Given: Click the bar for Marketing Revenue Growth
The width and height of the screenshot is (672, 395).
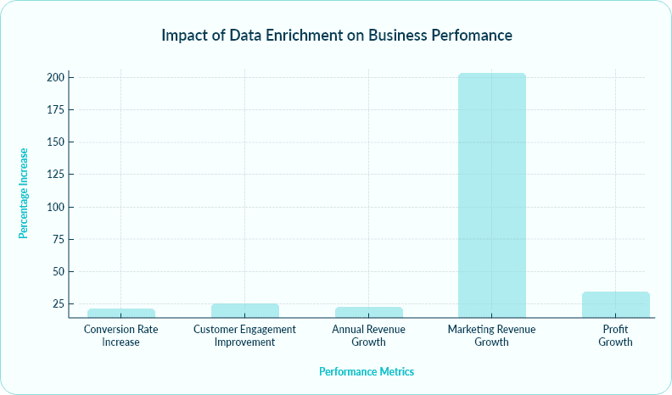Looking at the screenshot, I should point(491,195).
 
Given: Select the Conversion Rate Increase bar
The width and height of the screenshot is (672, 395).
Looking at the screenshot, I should point(120,313).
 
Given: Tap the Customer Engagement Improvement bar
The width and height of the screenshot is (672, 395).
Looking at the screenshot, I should point(244,310).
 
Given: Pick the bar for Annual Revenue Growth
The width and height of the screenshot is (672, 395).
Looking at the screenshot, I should point(368,312).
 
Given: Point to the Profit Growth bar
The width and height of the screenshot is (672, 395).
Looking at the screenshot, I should point(616,304).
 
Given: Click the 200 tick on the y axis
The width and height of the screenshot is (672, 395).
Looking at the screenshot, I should point(55,77).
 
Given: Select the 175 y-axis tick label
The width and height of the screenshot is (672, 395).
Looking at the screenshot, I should point(55,110).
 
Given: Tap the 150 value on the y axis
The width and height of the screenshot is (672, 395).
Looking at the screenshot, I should point(55,142).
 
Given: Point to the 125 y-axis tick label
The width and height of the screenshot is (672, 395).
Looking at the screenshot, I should point(55,175).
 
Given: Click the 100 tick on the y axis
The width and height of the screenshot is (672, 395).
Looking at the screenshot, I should point(55,207).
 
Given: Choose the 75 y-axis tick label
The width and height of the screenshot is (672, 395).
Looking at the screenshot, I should point(58,240).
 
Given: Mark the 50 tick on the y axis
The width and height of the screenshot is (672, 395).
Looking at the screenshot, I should point(58,272).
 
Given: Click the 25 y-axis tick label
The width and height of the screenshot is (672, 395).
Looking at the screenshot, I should point(58,304).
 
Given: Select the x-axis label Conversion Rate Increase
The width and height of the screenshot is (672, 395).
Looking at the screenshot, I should point(120,336).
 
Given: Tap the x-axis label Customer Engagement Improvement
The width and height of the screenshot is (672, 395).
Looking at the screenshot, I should point(244,336).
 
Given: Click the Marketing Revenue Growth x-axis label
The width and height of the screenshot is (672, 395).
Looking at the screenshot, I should point(491,336).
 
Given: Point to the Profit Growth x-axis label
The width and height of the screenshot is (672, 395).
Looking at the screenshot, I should point(616,336).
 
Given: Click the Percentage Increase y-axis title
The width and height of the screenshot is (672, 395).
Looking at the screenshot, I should point(24,193).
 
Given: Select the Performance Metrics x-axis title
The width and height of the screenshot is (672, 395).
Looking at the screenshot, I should point(366,372).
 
